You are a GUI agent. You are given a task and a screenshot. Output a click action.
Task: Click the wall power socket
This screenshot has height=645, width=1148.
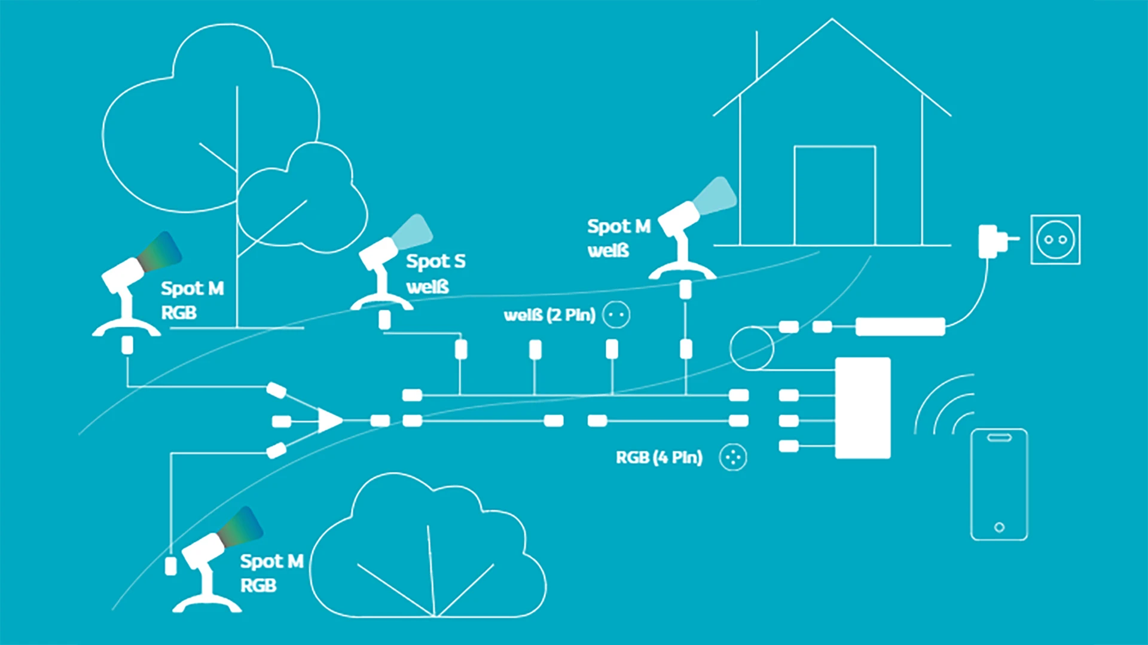tap(1055, 239)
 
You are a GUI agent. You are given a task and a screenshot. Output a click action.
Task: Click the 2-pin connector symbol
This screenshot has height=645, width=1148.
tap(616, 314)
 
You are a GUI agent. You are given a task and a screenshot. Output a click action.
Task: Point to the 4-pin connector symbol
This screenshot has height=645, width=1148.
tap(733, 458)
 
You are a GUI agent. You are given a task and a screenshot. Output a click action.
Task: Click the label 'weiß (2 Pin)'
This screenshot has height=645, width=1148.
tap(549, 315)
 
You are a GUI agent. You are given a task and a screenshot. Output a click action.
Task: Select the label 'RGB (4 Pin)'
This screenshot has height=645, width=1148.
tap(659, 458)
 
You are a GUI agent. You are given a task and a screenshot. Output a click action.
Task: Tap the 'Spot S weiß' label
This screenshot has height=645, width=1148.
tap(435, 274)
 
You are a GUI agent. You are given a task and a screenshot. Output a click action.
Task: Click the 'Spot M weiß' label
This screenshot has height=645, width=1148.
tap(618, 238)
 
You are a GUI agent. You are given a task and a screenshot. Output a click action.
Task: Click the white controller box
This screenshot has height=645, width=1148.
tap(862, 408)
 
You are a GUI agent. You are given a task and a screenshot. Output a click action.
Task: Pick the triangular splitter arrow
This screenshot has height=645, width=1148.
tap(329, 421)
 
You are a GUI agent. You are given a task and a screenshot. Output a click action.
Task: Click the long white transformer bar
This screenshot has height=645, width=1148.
tap(900, 326)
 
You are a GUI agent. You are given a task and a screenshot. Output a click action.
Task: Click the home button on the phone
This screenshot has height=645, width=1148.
tap(999, 527)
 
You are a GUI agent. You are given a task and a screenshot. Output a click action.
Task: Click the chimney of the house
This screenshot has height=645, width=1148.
tap(757, 56)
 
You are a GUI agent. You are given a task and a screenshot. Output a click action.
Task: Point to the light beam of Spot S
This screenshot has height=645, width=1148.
tap(413, 232)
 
